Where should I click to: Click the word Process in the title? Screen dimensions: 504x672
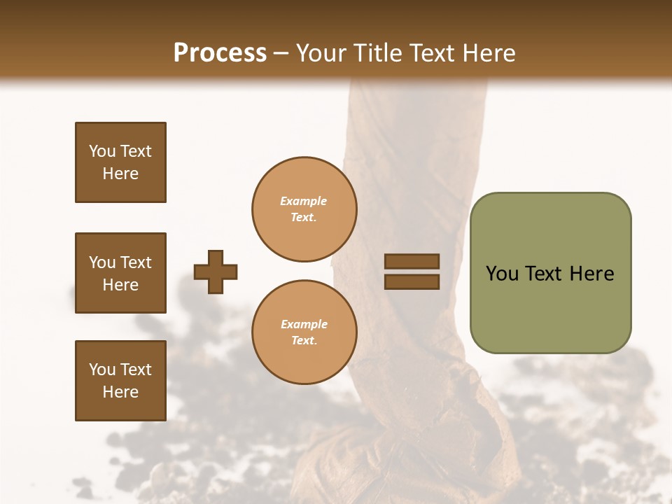pos(220,53)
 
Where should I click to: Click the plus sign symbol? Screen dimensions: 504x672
pos(216,272)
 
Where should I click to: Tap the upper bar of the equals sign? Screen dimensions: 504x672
pos(412,261)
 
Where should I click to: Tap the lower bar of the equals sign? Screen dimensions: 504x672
pos(412,281)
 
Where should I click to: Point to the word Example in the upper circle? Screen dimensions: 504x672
pos(303,201)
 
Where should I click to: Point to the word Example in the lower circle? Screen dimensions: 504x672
pos(304,324)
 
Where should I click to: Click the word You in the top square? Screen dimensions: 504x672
pos(102,151)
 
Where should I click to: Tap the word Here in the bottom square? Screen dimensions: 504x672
pos(120,392)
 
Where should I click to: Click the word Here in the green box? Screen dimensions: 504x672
pos(591,274)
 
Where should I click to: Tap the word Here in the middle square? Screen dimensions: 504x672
pos(120,285)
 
